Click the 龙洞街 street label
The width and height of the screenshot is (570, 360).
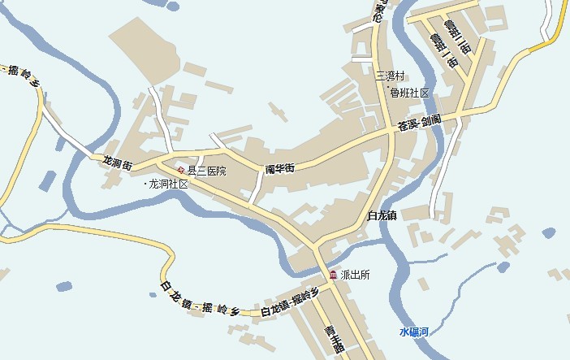point(117,162)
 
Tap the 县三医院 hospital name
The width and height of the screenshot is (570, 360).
point(207,171)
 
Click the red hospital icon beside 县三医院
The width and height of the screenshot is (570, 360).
point(181,170)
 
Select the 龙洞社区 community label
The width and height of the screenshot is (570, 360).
point(169,184)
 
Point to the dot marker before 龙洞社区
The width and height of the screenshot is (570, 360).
point(145,184)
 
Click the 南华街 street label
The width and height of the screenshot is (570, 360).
point(279,168)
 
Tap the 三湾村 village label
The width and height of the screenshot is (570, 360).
point(390,76)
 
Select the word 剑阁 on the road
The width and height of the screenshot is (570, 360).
point(431,119)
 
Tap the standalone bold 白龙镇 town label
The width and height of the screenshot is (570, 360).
point(381,215)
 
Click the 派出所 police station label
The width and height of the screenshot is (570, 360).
point(355,275)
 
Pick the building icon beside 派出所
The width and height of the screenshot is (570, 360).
point(333,275)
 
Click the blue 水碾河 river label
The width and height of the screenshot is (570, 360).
point(414,332)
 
